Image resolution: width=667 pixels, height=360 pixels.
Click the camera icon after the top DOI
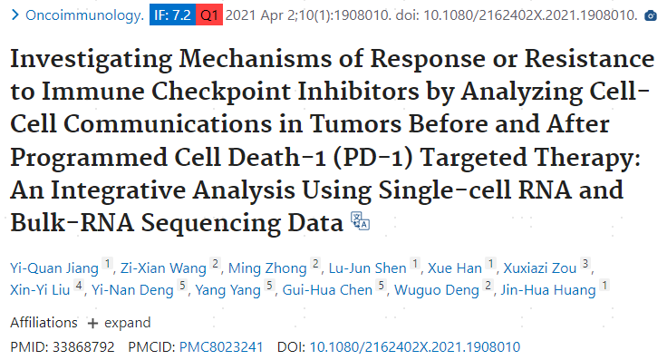(x=649, y=16)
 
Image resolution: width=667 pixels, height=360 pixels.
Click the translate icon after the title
(x=360, y=221)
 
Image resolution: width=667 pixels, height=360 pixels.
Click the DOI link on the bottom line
(x=415, y=346)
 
